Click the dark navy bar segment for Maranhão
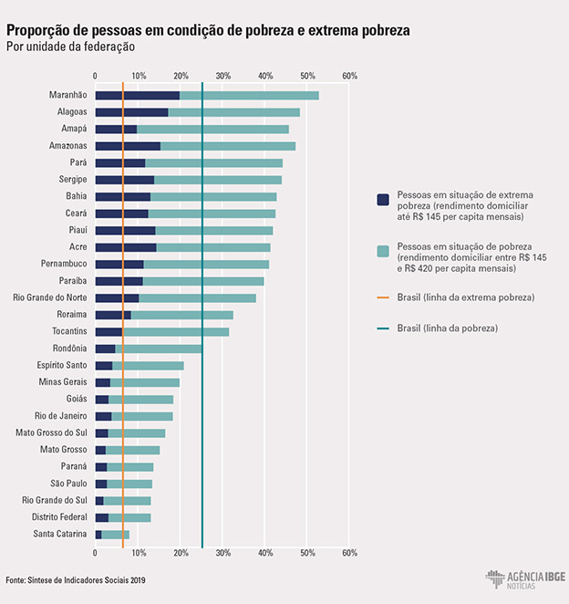pos(137,95)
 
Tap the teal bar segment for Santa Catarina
pos(116,535)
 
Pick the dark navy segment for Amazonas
pos(128,146)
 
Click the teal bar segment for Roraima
pos(181,315)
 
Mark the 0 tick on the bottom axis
pos(96,552)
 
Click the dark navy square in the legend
pos(384,200)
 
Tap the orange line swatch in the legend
pos(384,298)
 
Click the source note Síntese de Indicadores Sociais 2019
pos(75,580)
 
